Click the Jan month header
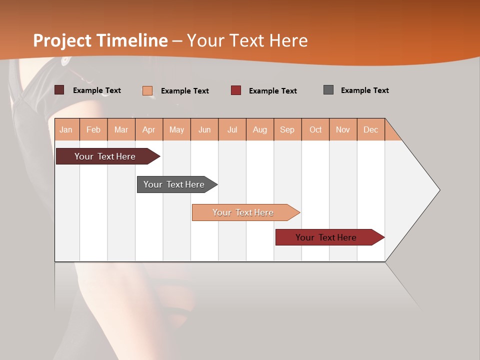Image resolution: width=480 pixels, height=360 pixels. (x=66, y=129)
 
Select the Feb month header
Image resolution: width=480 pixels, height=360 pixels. (x=93, y=129)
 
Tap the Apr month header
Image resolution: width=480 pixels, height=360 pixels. (x=148, y=129)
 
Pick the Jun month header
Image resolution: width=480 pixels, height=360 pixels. (x=204, y=129)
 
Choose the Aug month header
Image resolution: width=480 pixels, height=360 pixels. (x=259, y=129)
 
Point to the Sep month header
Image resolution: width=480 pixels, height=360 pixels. (x=287, y=129)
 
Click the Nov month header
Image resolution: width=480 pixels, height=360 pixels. (x=342, y=129)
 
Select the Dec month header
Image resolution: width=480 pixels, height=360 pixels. (x=370, y=129)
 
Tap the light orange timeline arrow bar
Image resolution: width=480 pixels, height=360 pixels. (x=243, y=212)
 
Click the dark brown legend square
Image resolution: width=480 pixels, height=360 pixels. (x=59, y=90)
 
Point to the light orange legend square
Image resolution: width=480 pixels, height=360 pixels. (x=147, y=90)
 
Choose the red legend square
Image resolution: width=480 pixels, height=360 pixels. (x=236, y=90)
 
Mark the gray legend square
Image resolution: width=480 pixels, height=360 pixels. (x=328, y=90)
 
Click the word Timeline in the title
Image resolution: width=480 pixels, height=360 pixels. (x=131, y=40)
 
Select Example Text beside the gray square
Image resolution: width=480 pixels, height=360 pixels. (x=364, y=90)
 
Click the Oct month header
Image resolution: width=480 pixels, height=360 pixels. (x=315, y=129)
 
